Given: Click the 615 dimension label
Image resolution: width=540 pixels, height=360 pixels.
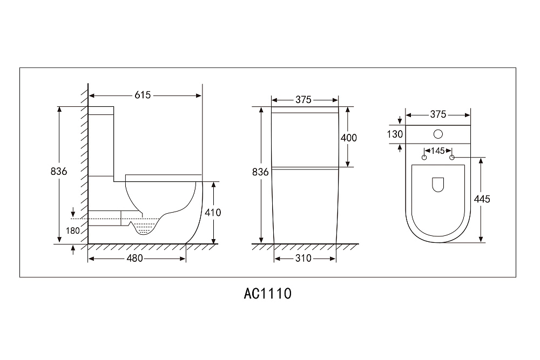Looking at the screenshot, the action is tap(143, 95).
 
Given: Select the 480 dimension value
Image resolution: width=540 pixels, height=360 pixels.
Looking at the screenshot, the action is tap(134, 258).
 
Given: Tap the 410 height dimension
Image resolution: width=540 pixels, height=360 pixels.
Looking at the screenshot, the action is tap(213, 213).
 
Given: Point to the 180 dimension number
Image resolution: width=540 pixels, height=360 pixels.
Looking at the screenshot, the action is tap(73, 230).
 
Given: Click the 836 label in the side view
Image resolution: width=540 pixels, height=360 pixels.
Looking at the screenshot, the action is tap(58, 172).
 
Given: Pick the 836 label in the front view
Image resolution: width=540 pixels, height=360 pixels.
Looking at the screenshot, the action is tap(260, 172).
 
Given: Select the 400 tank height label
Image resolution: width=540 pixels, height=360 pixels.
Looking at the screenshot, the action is tap(349, 138).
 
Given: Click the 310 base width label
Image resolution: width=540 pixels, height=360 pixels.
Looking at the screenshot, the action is tap(303, 258).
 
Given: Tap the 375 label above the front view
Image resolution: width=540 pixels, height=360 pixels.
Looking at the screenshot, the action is tap(303, 100).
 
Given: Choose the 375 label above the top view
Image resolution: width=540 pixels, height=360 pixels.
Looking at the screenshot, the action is tap(438, 114).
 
